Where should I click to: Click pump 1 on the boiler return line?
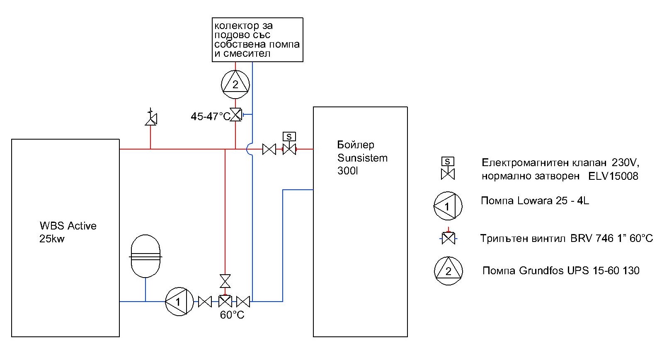point(179,301)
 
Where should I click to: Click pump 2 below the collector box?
point(235,85)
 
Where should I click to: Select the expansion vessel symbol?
point(145,256)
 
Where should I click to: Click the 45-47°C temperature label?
point(210,116)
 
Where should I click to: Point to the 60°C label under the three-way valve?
point(232,315)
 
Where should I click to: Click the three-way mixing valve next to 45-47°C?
point(236,114)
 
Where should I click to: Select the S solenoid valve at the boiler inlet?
point(289,144)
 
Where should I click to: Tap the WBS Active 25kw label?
point(68,232)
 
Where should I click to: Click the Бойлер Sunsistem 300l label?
point(362,158)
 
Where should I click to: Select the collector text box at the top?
point(257,40)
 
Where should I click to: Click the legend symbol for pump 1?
point(448,206)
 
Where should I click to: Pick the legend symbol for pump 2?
point(448,271)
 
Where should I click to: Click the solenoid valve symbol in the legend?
point(448,168)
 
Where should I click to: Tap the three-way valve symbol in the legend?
point(448,237)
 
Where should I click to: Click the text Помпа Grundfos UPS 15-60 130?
point(561,270)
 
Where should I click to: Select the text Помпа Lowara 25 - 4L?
point(535,201)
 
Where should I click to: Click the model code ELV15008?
point(613,176)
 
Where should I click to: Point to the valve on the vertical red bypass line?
point(225,281)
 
